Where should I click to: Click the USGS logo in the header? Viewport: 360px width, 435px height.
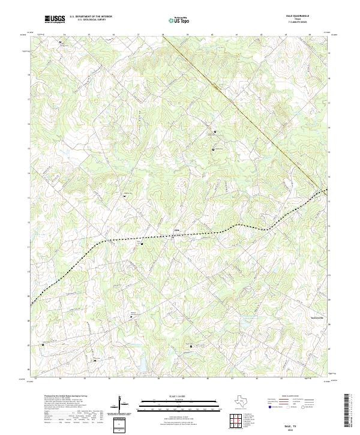pyautogui.click(x=55, y=19)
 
